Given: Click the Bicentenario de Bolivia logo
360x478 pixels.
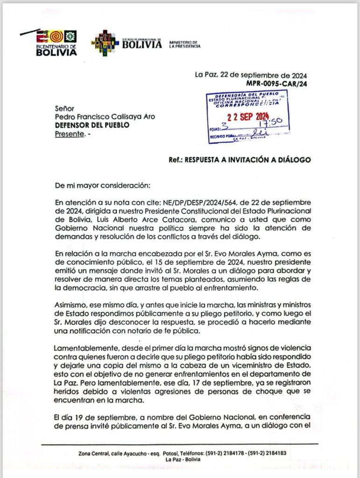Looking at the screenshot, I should [x=56, y=43].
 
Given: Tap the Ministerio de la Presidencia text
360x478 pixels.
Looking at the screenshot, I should [x=185, y=44].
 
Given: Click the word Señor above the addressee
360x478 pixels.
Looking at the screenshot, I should [x=64, y=107].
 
